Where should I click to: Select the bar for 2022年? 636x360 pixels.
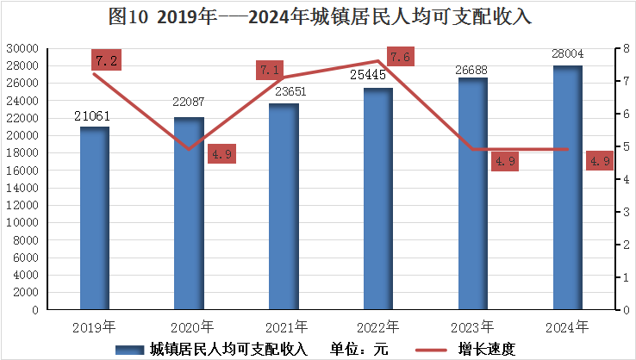(x=378, y=199)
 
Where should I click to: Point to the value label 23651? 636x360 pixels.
(x=284, y=90)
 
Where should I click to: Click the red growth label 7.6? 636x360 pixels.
(x=400, y=58)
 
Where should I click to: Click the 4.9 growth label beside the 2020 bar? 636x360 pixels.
(x=221, y=155)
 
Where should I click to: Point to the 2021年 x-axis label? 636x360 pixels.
(x=284, y=327)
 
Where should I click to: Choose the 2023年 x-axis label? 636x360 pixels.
(x=473, y=327)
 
